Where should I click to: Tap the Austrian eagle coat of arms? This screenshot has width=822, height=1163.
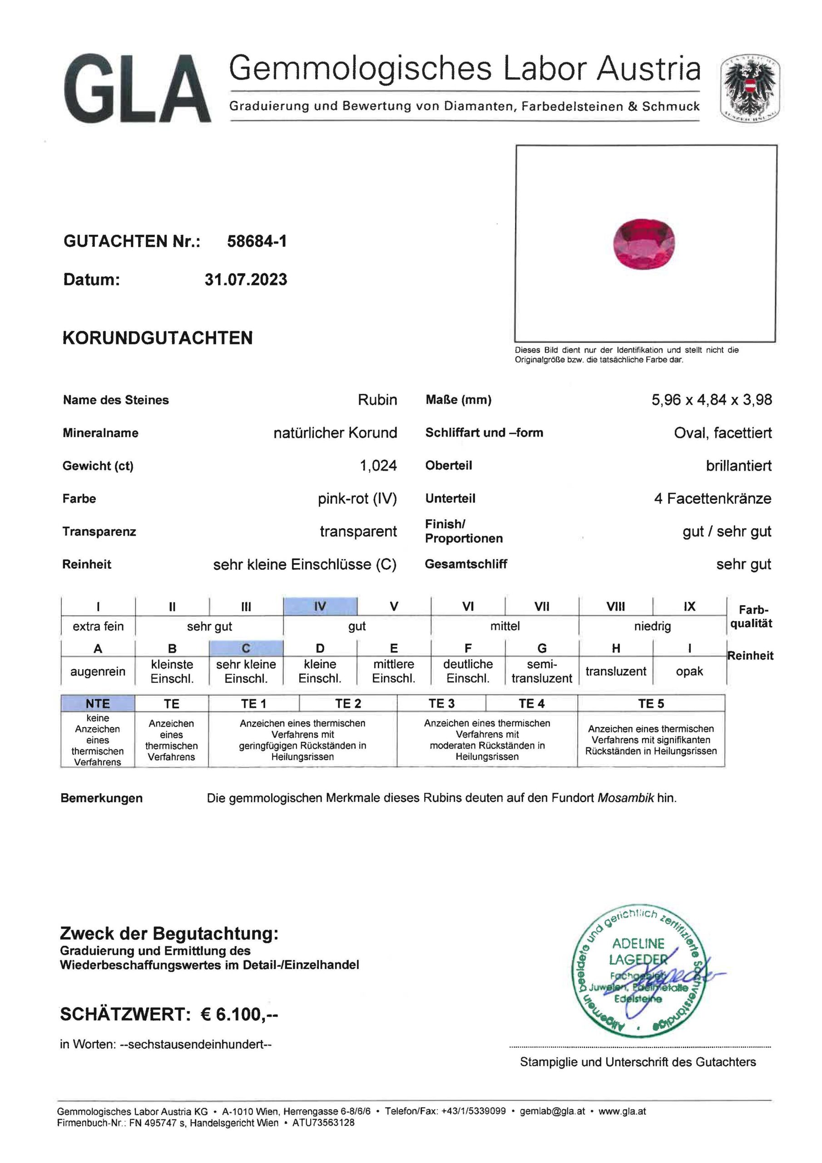(750, 89)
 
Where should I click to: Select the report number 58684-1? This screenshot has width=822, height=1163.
(257, 241)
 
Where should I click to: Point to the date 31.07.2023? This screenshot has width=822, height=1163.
(246, 279)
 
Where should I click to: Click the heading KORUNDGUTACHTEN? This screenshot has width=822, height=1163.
(158, 338)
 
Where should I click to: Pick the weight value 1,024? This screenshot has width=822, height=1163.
(378, 466)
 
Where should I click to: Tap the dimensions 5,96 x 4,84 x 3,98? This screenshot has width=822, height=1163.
(712, 400)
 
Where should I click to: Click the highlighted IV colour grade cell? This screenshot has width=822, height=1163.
(320, 606)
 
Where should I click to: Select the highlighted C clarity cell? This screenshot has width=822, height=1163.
(246, 648)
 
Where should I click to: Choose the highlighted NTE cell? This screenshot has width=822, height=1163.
(98, 704)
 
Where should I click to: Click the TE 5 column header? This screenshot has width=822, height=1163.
(651, 704)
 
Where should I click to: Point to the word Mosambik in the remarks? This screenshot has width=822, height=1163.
(625, 798)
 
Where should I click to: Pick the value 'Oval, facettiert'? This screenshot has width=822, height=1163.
(723, 432)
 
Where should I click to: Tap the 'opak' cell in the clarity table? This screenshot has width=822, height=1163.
(689, 671)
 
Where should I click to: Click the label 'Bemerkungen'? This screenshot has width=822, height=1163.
(101, 798)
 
